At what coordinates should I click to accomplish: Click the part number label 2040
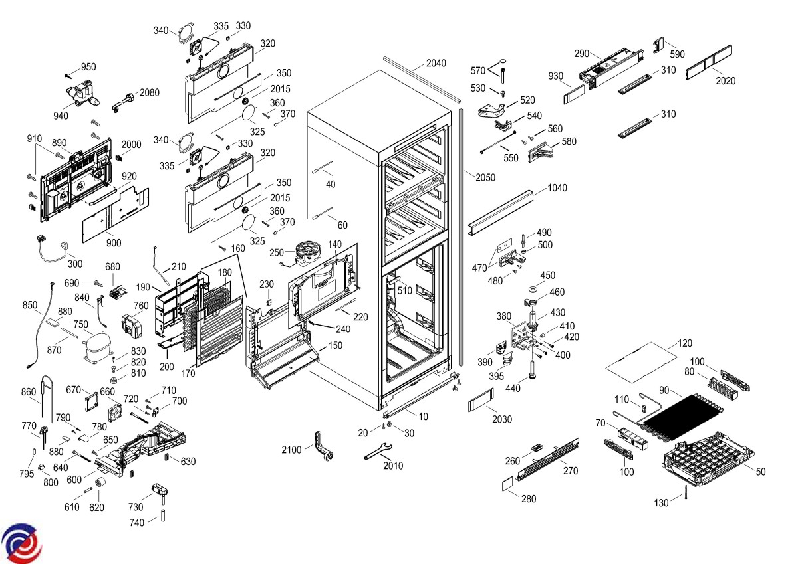click(436, 64)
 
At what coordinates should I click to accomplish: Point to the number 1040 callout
click(557, 188)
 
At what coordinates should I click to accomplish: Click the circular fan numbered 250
click(309, 253)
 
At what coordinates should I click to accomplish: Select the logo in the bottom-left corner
click(21, 541)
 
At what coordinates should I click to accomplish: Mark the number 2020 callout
click(726, 81)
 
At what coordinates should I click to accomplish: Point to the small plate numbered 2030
click(479, 403)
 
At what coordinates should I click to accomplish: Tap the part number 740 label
click(137, 523)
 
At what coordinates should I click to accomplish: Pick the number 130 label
click(661, 503)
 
